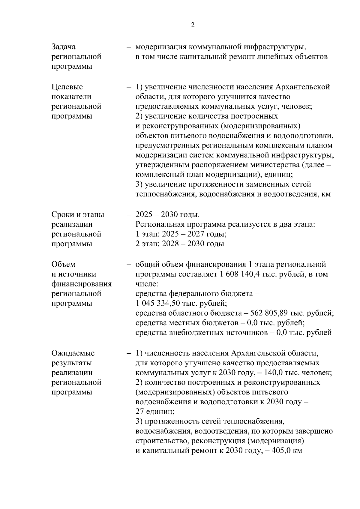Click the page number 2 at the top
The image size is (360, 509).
[x=193, y=25]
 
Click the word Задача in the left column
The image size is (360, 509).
[x=64, y=47]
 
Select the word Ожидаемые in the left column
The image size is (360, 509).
[x=73, y=353]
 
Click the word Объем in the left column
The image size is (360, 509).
[x=63, y=265]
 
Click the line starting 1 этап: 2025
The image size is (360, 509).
[x=181, y=234]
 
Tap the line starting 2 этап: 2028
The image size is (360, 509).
[x=180, y=244]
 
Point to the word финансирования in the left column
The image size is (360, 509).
[x=82, y=284]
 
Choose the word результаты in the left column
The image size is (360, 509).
[x=72, y=363]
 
